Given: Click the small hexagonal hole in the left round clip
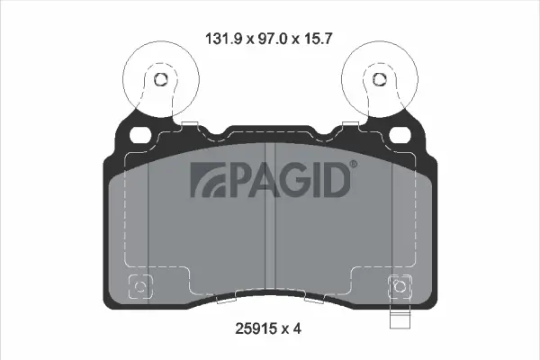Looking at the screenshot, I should (162, 79).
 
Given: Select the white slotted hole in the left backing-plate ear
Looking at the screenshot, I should (141, 135).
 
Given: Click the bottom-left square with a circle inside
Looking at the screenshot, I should (139, 288).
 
